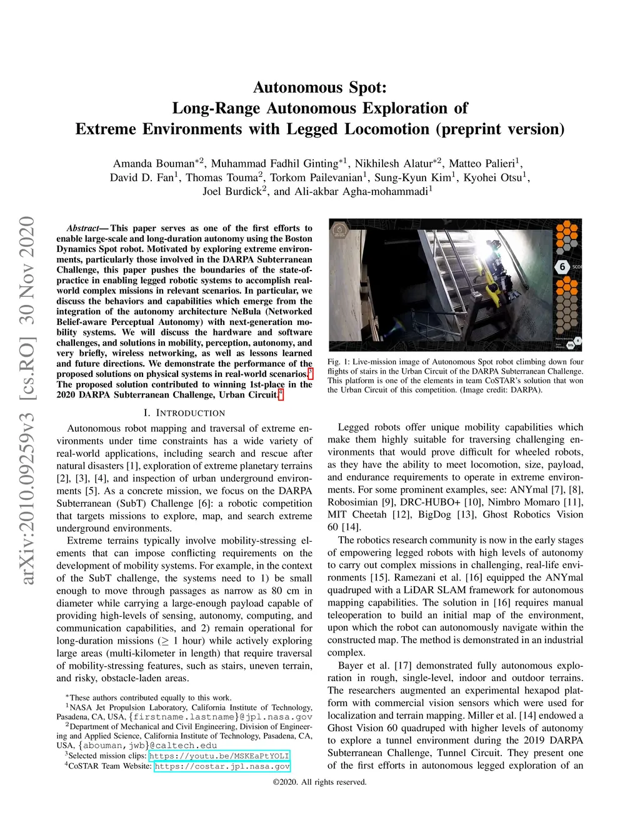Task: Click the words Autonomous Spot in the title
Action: coord(319,87)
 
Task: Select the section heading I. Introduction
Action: coord(184,413)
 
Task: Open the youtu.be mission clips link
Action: coord(219,756)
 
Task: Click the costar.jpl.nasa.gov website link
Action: coord(222,766)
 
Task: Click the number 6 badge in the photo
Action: coord(562,267)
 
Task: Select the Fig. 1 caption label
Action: coord(337,362)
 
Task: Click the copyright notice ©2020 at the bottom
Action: coord(319,782)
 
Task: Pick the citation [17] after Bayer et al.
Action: coord(402,666)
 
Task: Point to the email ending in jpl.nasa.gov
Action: coord(222,717)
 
